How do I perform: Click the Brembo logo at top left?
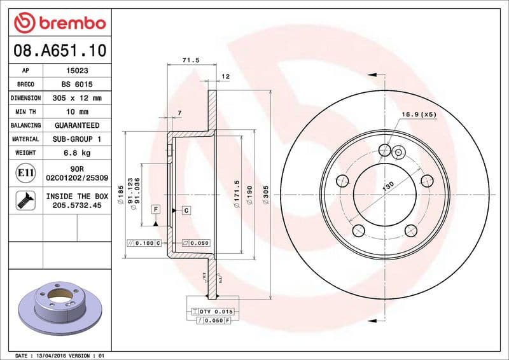[59, 24]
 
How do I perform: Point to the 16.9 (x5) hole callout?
[418, 115]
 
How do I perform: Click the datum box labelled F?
[155, 209]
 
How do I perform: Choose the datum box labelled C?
[186, 210]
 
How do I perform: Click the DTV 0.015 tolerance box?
[213, 311]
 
